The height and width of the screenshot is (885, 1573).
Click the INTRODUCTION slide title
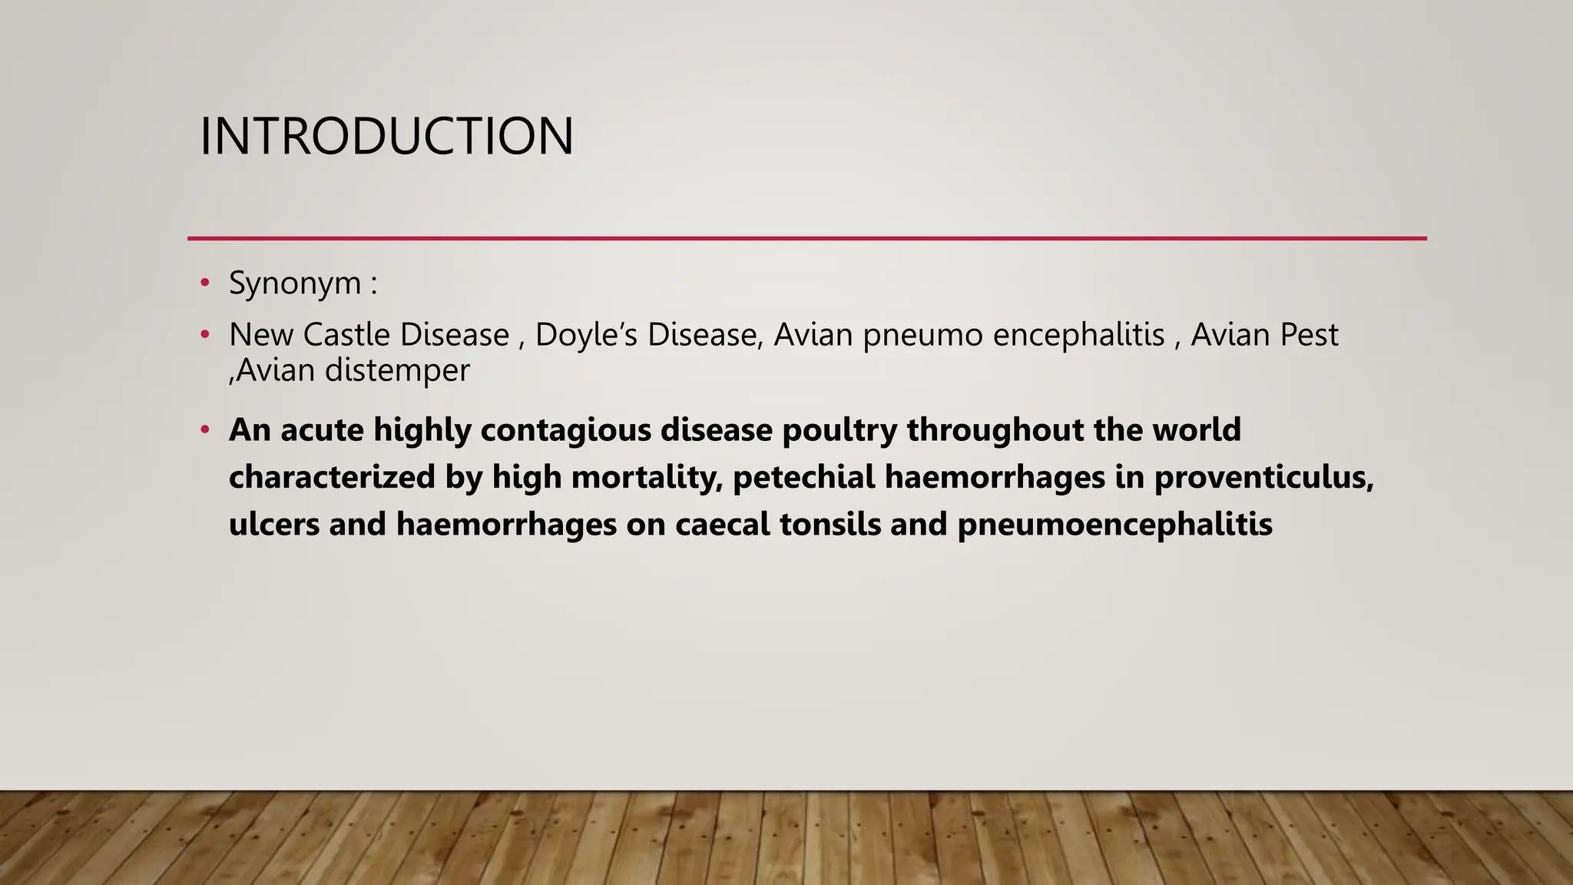[x=386, y=137]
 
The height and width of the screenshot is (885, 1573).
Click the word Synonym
[x=295, y=283]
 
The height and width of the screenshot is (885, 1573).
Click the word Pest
[x=1312, y=334]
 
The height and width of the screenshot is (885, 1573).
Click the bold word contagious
[x=566, y=429]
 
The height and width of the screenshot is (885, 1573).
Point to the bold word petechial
[x=803, y=477]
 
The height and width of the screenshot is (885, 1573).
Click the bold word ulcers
[x=274, y=525]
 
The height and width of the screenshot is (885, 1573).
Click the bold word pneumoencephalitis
[x=1114, y=525]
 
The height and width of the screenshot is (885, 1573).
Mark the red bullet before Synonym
[x=204, y=283]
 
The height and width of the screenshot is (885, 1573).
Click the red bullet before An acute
[x=204, y=429]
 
